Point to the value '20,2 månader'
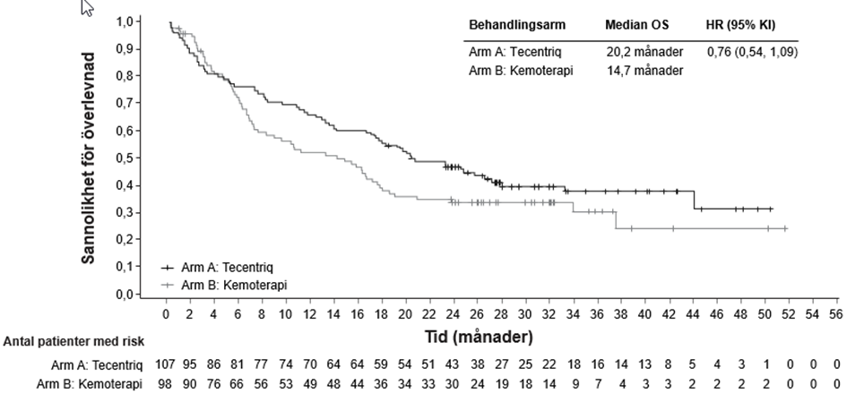coord(643,52)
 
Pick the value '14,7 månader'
coord(643,70)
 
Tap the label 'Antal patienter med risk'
coord(73,341)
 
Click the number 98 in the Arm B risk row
coord(167,382)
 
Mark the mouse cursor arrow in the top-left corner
coord(88,9)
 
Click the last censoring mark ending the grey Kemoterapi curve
coord(785,228)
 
